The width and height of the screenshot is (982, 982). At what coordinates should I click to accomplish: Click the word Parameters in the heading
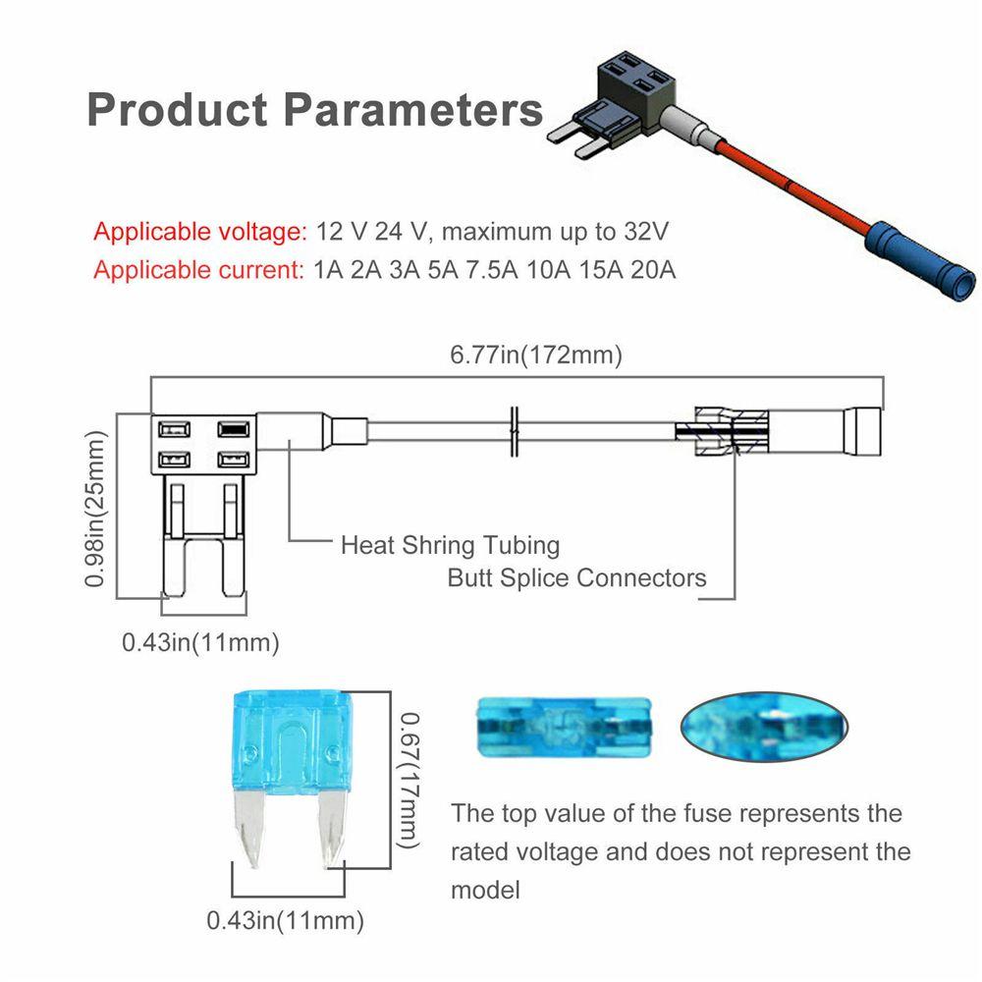[412, 110]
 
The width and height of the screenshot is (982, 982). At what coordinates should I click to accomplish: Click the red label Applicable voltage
[199, 232]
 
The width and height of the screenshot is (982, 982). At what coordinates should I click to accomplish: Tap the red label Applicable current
[198, 270]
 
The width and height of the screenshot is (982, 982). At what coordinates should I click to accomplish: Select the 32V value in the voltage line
[646, 231]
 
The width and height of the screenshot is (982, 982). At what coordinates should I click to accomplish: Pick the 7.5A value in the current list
[492, 270]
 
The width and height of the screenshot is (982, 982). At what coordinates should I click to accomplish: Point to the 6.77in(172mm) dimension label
[536, 355]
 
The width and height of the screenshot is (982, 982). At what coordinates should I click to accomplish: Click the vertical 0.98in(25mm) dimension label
[94, 509]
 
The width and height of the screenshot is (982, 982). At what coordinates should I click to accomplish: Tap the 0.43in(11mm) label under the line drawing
[200, 642]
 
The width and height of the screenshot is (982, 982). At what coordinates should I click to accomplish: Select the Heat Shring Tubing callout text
[451, 545]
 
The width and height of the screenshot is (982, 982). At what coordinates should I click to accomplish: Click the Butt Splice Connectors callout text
[576, 577]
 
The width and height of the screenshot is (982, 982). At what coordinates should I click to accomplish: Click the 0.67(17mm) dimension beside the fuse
[409, 781]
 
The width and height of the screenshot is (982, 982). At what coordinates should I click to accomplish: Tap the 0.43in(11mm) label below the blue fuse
[285, 920]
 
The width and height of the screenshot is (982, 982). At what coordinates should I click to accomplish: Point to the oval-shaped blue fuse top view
[764, 727]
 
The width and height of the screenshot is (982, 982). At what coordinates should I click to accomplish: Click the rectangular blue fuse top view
[565, 727]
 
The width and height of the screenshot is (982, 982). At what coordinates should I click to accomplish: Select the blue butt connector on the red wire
[921, 260]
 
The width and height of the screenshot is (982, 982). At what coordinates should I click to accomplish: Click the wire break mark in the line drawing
[515, 431]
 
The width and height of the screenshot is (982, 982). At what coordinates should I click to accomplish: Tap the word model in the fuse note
[485, 890]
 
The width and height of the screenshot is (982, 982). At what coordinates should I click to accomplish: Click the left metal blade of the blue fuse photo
[247, 827]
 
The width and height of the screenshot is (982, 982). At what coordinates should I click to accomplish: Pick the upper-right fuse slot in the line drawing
[234, 429]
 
